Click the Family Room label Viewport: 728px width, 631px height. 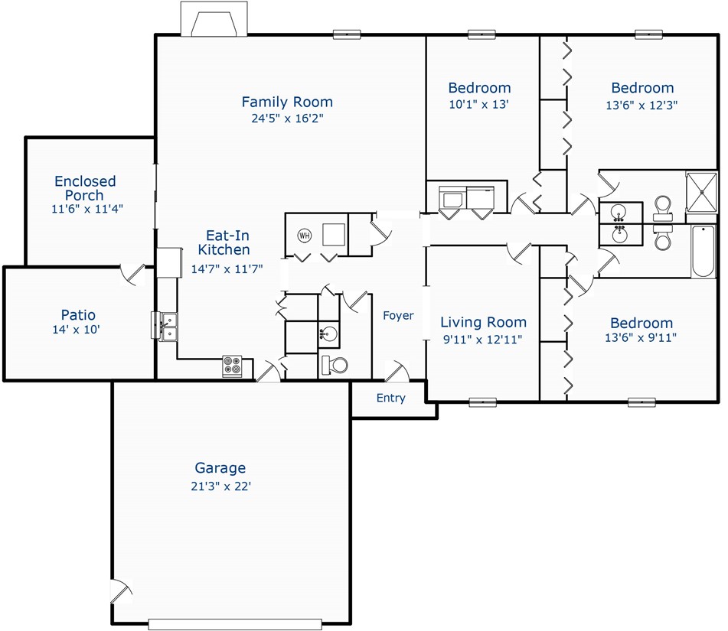pos(287,102)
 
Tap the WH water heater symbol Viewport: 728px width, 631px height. pos(304,236)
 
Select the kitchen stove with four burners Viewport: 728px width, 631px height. pos(232,366)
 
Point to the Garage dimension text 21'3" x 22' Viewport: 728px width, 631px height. pos(220,486)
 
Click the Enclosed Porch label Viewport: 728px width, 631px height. pos(85,188)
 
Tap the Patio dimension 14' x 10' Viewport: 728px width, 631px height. pos(76,330)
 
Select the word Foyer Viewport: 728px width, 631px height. pos(398,315)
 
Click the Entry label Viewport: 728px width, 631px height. pos(391,398)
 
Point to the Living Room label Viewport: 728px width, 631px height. pos(483,322)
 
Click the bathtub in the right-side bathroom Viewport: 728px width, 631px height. pos(704,251)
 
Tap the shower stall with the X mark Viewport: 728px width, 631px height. pos(701,193)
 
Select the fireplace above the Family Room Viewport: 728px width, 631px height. pos(214,18)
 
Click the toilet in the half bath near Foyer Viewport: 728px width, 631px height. pos(335,365)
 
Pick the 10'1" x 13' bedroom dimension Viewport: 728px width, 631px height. pos(478,104)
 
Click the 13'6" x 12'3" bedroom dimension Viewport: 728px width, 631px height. pos(641,105)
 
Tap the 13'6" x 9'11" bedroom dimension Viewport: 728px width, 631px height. pos(641,338)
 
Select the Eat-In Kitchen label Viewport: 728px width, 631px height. pos(224,242)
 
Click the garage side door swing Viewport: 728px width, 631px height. pos(122,591)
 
